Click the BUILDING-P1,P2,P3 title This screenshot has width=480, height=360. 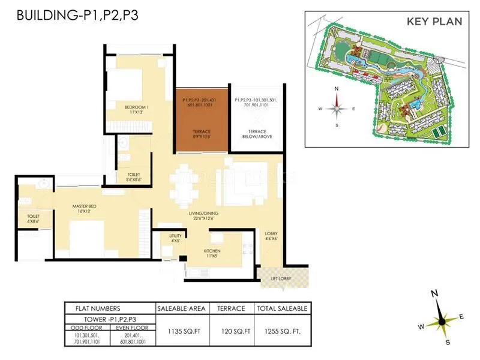click(77, 15)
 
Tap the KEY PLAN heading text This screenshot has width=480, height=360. click(434, 22)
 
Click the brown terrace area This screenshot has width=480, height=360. click(202, 119)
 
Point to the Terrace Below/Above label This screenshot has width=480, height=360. click(256, 134)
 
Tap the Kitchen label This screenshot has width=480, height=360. click(212, 253)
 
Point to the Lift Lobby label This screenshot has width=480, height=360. click(281, 278)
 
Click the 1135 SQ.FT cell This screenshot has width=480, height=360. click(181, 329)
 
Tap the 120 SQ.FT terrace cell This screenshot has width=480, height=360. click(232, 329)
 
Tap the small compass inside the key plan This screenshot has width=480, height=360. click(337, 108)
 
